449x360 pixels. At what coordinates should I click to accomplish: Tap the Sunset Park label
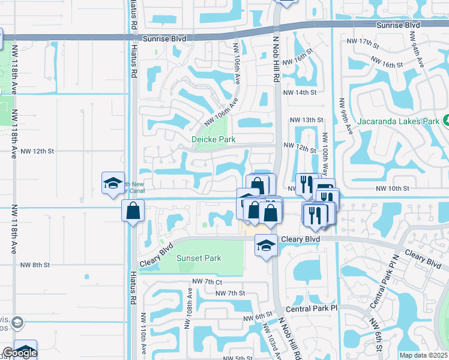point(198,259)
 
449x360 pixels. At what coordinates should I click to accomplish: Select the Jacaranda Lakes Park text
point(399,121)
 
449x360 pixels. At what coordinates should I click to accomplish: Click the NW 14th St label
point(299,92)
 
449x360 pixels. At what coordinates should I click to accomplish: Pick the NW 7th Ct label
point(207,281)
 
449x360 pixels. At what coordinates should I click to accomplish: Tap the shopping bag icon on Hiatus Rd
point(132,211)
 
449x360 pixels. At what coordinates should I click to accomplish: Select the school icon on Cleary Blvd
point(266,245)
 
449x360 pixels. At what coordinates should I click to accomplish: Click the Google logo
point(20,353)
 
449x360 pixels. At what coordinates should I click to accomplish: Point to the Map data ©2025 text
point(423,355)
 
